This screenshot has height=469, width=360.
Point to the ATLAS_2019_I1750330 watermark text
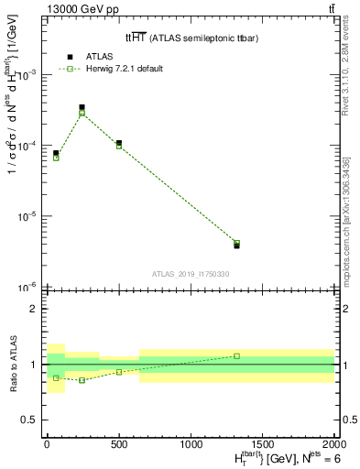(190, 274)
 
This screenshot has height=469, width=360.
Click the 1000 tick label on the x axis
(191, 445)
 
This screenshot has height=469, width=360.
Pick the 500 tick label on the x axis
(119, 445)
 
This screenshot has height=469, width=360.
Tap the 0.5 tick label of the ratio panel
(30, 420)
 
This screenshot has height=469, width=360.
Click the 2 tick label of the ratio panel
(34, 309)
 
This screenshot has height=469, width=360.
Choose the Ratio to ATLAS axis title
(12, 364)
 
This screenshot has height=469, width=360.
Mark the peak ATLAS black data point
(82, 107)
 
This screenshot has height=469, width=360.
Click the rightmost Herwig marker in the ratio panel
(236, 355)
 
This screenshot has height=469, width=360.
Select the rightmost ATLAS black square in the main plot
(236, 245)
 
